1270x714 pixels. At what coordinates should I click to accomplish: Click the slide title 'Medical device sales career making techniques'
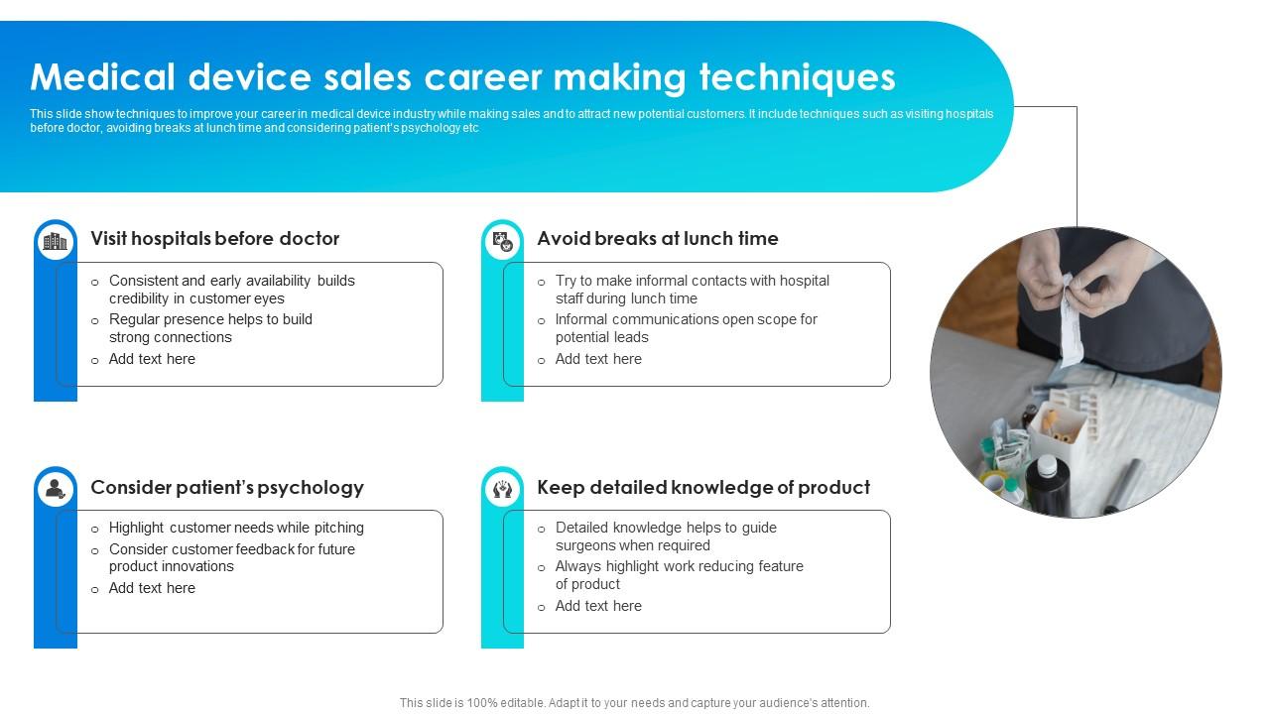point(462,77)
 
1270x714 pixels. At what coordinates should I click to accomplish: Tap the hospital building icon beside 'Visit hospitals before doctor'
point(56,241)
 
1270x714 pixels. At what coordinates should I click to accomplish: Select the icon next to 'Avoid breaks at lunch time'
point(503,241)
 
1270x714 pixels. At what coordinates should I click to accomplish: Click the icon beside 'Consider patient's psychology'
point(56,489)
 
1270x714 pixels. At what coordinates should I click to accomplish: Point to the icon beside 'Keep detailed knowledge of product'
point(503,489)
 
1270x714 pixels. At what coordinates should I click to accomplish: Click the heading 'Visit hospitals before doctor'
point(214,239)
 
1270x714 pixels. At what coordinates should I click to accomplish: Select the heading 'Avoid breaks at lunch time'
point(657,239)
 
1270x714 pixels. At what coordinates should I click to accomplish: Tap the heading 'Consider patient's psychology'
point(226,488)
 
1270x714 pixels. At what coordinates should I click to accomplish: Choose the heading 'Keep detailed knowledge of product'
point(702,488)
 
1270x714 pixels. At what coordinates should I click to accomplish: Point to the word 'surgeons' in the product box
point(587,545)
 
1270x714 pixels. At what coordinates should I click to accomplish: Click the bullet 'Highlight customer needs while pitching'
point(236,528)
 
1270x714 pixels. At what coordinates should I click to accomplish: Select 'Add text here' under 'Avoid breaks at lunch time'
point(598,359)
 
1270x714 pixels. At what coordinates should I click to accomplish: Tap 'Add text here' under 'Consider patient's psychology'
point(152,588)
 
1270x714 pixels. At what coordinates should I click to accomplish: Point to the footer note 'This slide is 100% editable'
point(634,703)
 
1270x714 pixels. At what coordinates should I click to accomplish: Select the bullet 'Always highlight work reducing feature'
point(679,566)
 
